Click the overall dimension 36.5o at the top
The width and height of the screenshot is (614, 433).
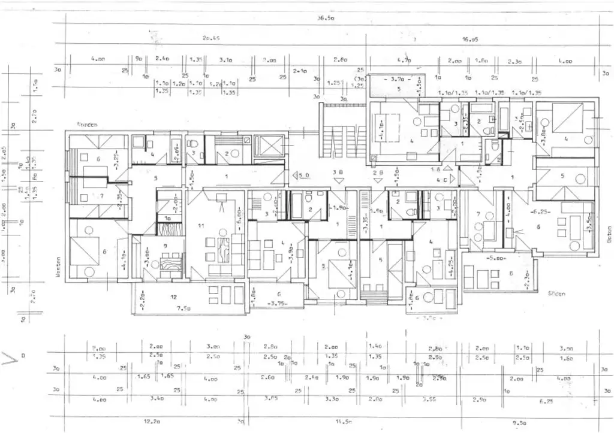point(325,19)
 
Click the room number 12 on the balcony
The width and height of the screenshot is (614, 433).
point(173,297)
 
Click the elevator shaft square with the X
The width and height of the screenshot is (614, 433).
point(269,146)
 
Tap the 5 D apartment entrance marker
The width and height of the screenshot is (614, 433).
point(302,175)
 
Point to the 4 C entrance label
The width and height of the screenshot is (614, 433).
point(444,178)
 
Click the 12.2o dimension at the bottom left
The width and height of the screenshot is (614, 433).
point(152,421)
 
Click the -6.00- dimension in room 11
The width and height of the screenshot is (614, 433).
point(238,214)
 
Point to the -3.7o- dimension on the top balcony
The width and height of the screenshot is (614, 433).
point(398,79)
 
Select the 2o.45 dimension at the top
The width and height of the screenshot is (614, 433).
point(210,39)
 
